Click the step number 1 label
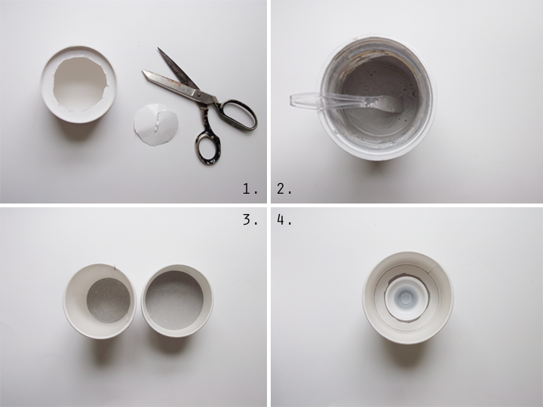[250, 189]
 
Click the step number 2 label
[284, 189]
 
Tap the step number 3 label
[250, 219]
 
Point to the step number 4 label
[284, 219]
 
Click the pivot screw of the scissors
[198, 93]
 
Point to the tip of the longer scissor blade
[143, 71]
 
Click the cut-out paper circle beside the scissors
[156, 124]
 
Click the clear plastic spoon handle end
[292, 99]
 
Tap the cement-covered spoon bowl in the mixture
[387, 104]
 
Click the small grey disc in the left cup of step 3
[109, 300]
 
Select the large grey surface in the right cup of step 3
[174, 300]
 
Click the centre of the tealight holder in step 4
[406, 297]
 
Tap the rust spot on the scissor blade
[180, 83]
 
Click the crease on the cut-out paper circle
[157, 121]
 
